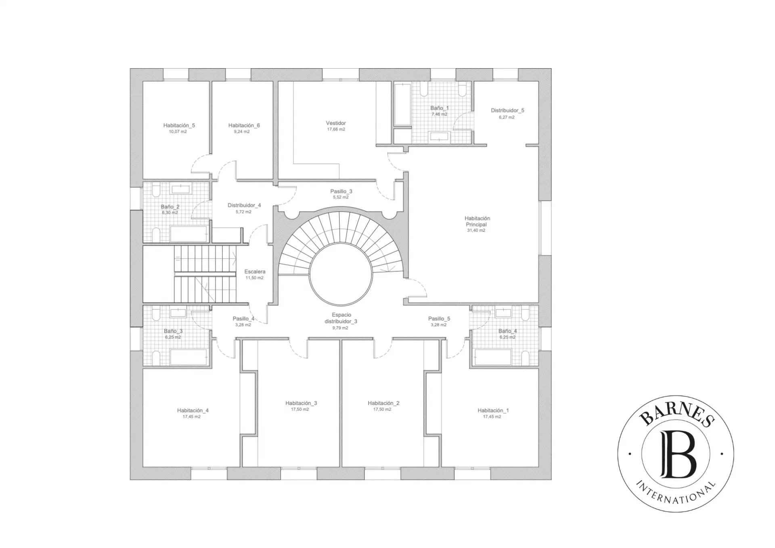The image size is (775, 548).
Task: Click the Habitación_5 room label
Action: (x=179, y=125)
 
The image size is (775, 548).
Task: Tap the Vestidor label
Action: (x=336, y=123)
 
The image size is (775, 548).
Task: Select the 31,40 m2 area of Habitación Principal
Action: (x=476, y=231)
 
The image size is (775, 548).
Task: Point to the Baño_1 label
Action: (x=440, y=108)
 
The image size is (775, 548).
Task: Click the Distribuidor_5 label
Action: (x=507, y=110)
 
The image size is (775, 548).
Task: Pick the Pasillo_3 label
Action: (x=341, y=191)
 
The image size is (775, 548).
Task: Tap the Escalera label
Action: (x=255, y=271)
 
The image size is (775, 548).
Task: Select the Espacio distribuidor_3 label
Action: (x=341, y=318)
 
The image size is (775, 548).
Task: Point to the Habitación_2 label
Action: (x=383, y=403)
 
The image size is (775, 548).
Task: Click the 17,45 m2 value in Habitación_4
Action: (x=191, y=417)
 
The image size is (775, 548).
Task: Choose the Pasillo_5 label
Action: (x=439, y=319)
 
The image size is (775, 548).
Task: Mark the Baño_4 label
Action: (x=507, y=331)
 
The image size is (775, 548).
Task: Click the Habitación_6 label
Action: (x=244, y=125)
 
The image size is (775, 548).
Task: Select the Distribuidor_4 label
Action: (x=244, y=205)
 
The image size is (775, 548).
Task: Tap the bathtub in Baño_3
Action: (x=189, y=357)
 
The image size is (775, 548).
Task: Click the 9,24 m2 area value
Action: (x=242, y=132)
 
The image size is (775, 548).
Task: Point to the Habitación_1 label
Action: (x=493, y=410)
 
